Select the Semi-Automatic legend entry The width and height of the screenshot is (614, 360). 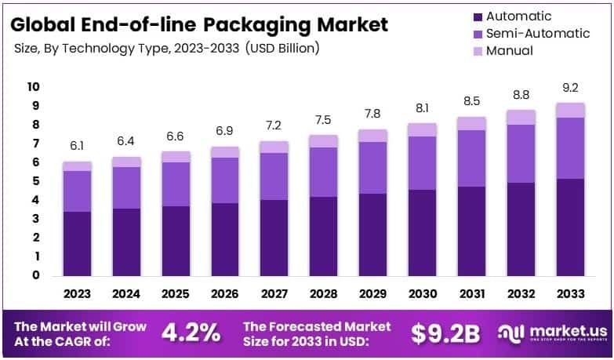pos(536,34)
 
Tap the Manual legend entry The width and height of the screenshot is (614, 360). pos(509,51)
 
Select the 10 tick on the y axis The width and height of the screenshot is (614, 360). pos(33,86)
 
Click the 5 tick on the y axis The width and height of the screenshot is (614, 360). pos(35,181)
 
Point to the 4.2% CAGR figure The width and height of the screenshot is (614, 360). pos(191,333)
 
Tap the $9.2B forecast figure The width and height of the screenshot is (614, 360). pos(445,333)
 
